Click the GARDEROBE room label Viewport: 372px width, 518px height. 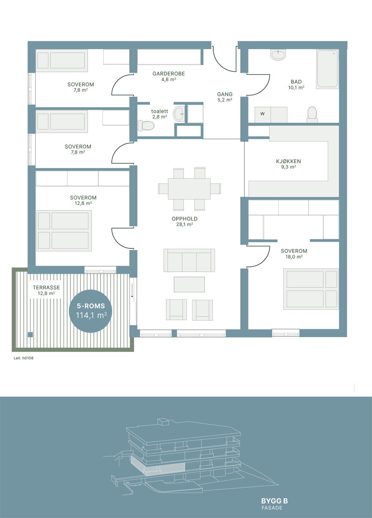click(x=169, y=74)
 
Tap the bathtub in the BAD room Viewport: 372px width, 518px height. click(x=327, y=69)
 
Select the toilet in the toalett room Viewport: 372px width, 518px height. click(x=146, y=126)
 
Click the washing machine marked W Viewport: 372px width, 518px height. click(x=262, y=115)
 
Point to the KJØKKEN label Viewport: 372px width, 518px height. click(x=288, y=161)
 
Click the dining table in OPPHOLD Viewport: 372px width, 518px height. click(x=189, y=189)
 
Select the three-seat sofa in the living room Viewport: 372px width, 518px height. click(x=189, y=260)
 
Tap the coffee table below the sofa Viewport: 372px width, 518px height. click(x=189, y=285)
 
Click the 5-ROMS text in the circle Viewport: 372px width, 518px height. click(x=91, y=306)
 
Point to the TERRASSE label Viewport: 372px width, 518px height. click(x=46, y=287)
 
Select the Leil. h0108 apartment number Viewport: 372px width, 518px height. click(x=23, y=358)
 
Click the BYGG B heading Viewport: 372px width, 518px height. click(x=275, y=501)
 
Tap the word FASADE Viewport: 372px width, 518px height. click(x=272, y=508)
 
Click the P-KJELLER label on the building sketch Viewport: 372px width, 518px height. click(x=136, y=485)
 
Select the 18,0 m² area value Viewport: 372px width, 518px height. click(x=294, y=257)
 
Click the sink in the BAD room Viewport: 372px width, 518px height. click(x=278, y=55)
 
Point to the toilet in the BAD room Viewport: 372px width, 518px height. click(x=312, y=115)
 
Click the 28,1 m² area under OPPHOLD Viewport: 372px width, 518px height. click(x=185, y=224)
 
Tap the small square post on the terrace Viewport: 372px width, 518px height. click(x=30, y=335)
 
